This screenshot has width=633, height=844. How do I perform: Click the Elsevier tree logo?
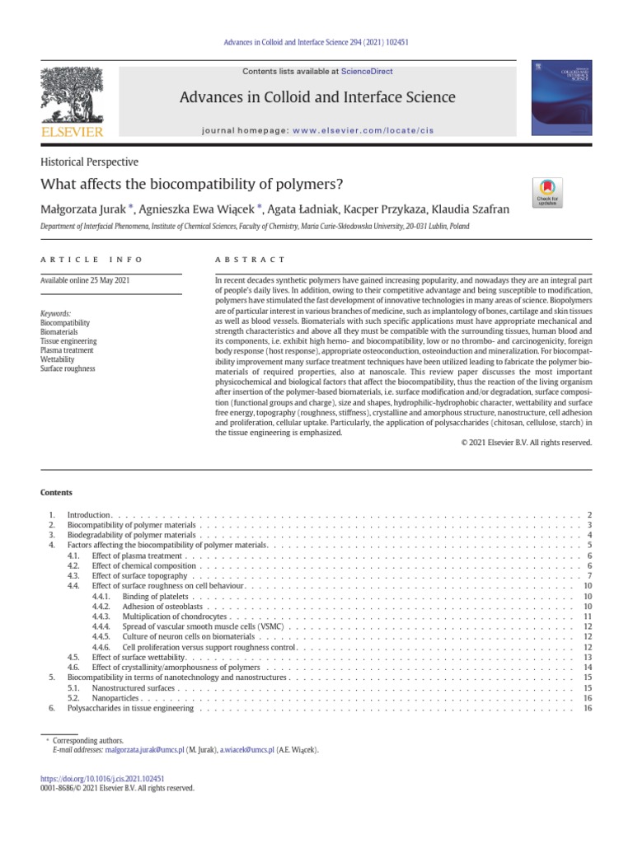(x=73, y=97)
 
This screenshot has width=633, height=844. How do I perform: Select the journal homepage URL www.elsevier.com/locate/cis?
(x=363, y=130)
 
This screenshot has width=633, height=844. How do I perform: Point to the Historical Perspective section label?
(x=89, y=162)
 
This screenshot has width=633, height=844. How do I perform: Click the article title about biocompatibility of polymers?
(x=191, y=185)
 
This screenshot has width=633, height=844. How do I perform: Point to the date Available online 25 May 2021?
(x=85, y=281)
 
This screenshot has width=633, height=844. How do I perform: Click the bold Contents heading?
(x=56, y=493)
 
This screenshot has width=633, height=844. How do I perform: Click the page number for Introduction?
(x=589, y=515)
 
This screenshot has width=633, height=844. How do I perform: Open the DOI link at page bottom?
(x=103, y=777)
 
